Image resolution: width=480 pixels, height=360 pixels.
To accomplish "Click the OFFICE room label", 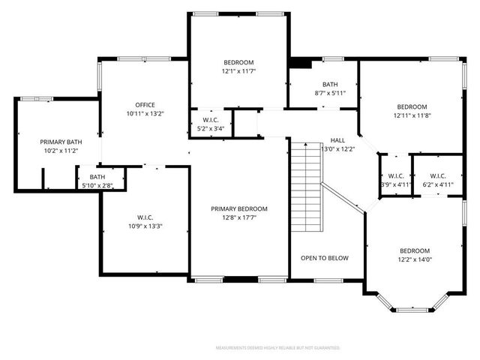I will point(145,104).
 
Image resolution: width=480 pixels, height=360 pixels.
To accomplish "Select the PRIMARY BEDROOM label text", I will point(238,208).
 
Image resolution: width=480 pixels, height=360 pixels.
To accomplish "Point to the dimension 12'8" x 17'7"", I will point(238,218).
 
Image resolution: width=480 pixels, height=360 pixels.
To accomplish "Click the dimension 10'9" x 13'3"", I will point(145,226).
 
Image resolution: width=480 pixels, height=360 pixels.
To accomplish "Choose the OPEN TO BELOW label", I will point(325,258).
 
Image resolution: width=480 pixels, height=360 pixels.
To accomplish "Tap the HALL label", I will point(337,140).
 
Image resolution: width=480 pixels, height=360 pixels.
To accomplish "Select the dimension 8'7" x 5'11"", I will point(330,94).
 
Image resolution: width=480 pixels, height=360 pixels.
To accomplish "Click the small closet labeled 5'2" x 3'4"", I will point(211,128).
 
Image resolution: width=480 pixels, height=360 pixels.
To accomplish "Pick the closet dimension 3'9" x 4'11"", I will point(395,184).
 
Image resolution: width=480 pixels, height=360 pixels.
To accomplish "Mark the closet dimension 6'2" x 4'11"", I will point(438,184).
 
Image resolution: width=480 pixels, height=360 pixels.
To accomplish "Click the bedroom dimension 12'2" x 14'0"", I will point(414,259).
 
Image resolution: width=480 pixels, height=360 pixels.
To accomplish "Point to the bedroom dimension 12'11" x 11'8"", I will point(412,115).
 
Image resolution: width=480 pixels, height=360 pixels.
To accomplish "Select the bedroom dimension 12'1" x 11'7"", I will point(238,71).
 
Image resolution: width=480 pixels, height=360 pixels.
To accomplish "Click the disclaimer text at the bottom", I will point(277,348).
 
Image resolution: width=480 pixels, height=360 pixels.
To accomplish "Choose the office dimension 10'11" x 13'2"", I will point(145,113).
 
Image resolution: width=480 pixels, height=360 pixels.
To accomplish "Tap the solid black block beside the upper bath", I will point(300,64).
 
